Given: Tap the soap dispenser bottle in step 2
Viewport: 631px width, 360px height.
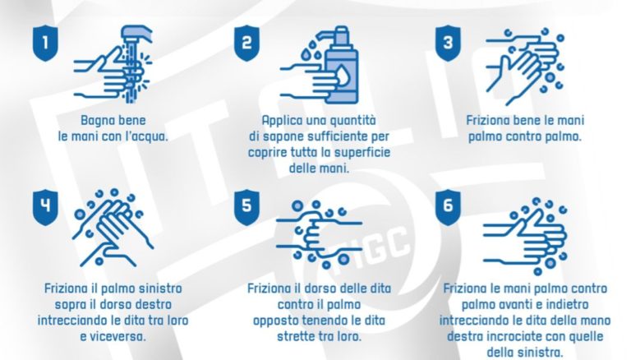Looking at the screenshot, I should [343, 65].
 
